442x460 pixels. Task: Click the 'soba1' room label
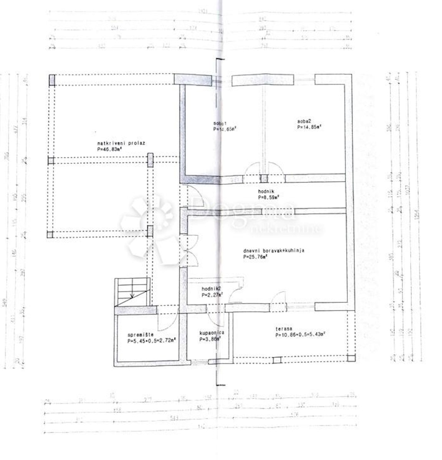(x=220, y=123)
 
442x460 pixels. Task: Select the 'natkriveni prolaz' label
(x=116, y=143)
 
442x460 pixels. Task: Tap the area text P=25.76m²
(x=255, y=257)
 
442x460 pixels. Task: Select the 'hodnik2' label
(x=210, y=289)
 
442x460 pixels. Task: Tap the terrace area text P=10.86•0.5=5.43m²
(x=300, y=335)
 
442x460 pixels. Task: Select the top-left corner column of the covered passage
(x=52, y=80)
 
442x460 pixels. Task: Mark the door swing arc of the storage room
(x=169, y=320)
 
